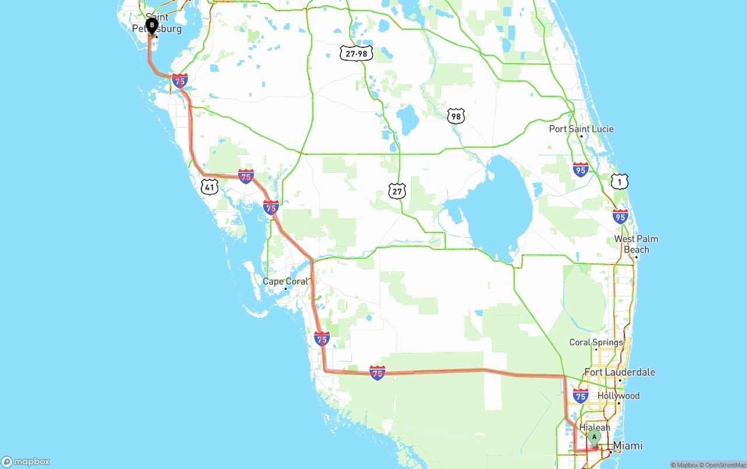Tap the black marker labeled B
[x=152, y=26]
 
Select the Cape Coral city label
[x=284, y=282]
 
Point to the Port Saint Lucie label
[x=581, y=129]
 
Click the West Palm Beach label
[x=636, y=244]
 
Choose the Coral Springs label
[x=596, y=342]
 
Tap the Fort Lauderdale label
[x=620, y=372]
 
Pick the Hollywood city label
[x=619, y=396]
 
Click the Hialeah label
[x=595, y=428]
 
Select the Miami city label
[x=628, y=446]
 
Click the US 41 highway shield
[x=210, y=187]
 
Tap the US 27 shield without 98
[x=397, y=191]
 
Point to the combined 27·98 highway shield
[x=357, y=54]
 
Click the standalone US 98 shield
[x=456, y=116]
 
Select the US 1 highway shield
[x=620, y=181]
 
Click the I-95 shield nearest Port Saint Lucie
[x=581, y=170]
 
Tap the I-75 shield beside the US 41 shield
[x=246, y=176]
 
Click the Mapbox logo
[x=26, y=461]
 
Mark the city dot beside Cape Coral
[x=285, y=289]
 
